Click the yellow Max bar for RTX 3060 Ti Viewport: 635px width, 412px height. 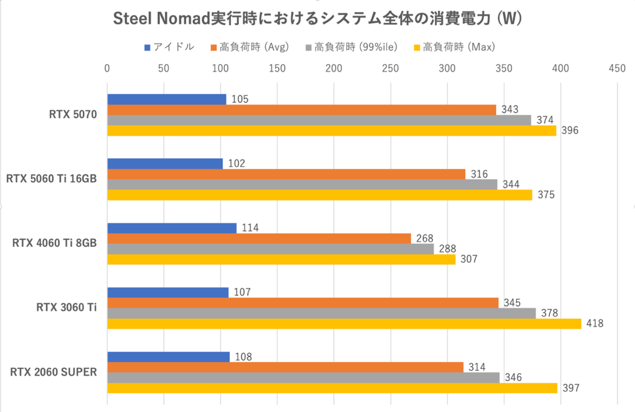pos(344,324)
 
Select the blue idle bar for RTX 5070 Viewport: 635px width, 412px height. pos(167,99)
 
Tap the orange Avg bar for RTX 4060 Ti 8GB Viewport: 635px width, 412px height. pos(259,238)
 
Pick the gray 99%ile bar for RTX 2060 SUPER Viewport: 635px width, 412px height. pos(304,378)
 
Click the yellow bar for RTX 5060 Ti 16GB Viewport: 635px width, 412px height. pos(320,195)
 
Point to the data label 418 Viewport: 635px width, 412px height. pos(594,324)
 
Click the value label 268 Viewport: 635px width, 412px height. pos(424,238)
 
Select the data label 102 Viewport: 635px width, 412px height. pos(235,163)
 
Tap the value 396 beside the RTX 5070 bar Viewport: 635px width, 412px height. pos(569,131)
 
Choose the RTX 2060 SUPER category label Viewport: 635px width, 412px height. pos(53,372)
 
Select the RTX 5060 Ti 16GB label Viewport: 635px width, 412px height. pos(51,179)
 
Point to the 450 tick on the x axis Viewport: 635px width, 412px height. pos(617,68)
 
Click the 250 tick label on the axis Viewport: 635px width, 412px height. pos(391,68)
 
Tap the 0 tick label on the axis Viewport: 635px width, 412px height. pos(107,68)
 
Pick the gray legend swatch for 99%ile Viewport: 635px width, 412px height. pos(309,48)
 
